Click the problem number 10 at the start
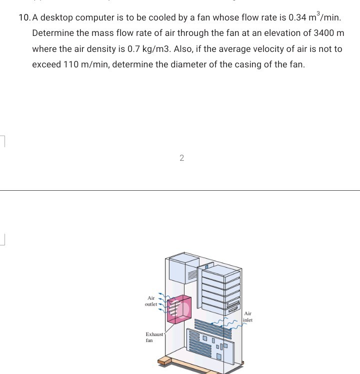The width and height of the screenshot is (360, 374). point(23,18)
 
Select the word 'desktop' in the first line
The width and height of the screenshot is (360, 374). point(56,18)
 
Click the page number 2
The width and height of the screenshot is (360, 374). point(181,158)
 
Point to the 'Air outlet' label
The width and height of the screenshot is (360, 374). point(150,301)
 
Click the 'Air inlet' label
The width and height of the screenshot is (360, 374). point(248,317)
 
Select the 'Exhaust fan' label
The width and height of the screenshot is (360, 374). point(154,337)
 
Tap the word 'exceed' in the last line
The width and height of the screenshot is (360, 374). point(46,64)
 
